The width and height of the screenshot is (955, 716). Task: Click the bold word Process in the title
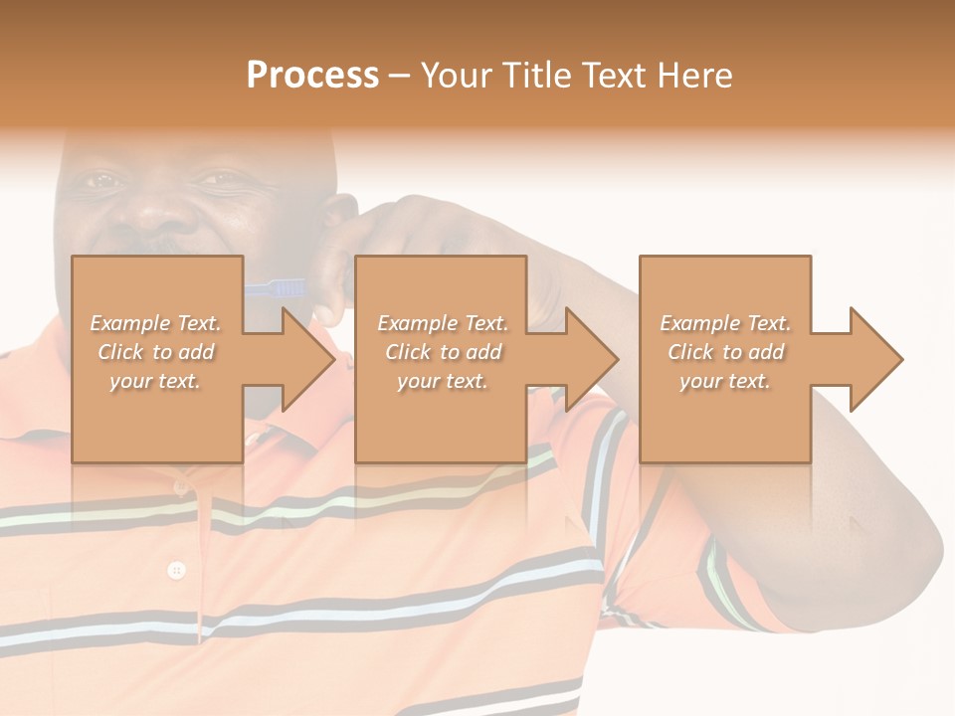click(312, 75)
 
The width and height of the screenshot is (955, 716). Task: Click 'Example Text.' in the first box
click(156, 323)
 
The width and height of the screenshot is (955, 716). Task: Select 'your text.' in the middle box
click(442, 381)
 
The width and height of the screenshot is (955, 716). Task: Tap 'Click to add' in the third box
click(725, 352)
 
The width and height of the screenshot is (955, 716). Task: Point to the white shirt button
click(177, 570)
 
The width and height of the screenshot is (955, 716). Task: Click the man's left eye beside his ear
click(221, 179)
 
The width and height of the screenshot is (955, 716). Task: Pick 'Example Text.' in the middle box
click(442, 323)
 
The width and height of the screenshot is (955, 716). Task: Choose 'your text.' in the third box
click(725, 381)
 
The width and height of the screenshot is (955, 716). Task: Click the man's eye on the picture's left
click(99, 181)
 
